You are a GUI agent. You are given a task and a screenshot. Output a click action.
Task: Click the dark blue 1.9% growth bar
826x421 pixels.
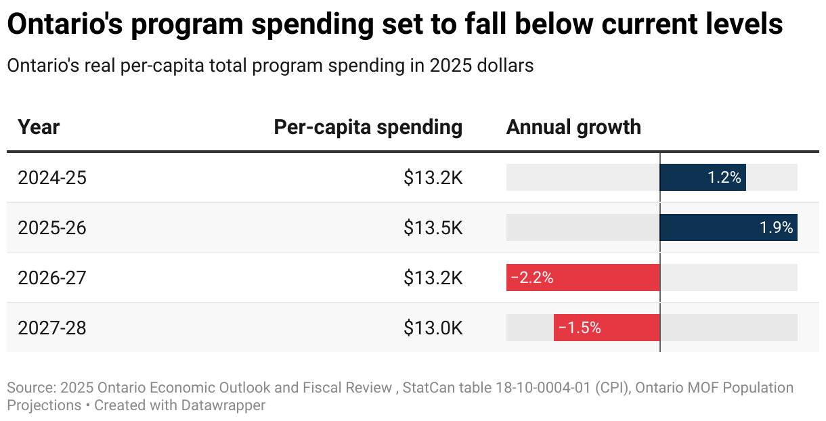pos(728,227)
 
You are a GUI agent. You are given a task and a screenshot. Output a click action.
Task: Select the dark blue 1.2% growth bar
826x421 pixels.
pos(702,177)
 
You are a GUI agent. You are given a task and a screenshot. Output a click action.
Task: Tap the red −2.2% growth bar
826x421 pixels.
pos(583,278)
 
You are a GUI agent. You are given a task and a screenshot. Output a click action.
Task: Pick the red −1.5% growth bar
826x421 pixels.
pos(607,328)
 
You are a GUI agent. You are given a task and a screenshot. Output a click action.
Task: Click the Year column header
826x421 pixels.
pos(39,127)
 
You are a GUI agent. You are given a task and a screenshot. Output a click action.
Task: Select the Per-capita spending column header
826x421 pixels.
pos(368,127)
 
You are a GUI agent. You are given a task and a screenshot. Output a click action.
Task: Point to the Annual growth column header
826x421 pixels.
pos(573,127)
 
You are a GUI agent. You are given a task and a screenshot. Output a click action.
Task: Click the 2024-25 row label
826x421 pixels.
pos(52,178)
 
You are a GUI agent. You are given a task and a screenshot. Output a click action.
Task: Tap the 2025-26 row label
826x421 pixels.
pos(52,228)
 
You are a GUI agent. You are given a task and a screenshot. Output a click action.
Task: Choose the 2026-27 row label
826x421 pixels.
pos(52,278)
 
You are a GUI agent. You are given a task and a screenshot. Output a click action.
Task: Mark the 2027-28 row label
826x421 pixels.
pos(52,328)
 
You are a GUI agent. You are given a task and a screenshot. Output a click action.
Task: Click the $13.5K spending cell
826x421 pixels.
pos(433,228)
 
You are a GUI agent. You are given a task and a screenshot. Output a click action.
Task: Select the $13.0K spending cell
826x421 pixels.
pos(433,328)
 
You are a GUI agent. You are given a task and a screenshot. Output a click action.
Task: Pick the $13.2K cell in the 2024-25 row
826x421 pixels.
pos(433,178)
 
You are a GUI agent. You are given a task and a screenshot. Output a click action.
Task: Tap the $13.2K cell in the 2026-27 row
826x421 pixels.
pos(433,278)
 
